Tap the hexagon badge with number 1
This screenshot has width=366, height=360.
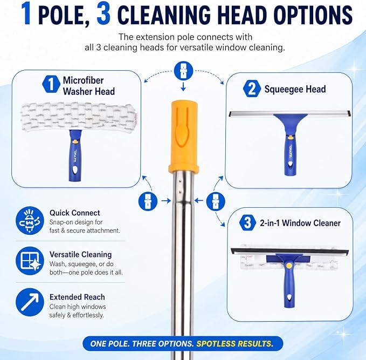(x=51, y=84)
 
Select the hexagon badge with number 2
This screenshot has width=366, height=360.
(x=252, y=89)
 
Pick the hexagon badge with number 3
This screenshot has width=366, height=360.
(x=247, y=222)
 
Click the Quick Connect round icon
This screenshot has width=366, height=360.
(x=30, y=221)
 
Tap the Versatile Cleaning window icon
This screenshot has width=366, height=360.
(x=30, y=261)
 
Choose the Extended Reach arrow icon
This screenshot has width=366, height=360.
(x=30, y=302)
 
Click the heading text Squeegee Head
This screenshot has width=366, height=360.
(x=295, y=89)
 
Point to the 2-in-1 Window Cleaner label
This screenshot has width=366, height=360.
(x=300, y=223)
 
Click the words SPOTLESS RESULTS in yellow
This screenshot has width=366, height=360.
(x=234, y=344)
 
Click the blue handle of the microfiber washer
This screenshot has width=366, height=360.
(x=75, y=155)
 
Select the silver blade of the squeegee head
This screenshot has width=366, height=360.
(x=289, y=114)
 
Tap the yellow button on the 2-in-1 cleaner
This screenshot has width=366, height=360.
(x=289, y=266)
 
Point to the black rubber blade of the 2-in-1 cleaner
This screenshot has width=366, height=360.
(x=289, y=252)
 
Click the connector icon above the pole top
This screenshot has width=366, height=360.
(x=183, y=71)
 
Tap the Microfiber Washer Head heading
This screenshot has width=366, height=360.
(x=89, y=86)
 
